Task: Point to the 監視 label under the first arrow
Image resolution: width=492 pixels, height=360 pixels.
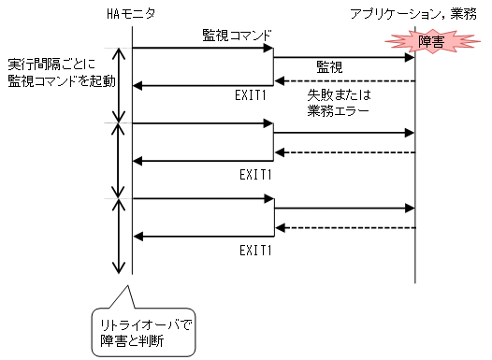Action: pos(328,67)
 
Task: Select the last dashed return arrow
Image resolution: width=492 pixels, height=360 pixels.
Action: pos(344,227)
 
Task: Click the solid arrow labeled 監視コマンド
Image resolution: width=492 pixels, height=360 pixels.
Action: pos(201,47)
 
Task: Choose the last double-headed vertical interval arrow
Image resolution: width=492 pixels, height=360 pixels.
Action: pos(118,236)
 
